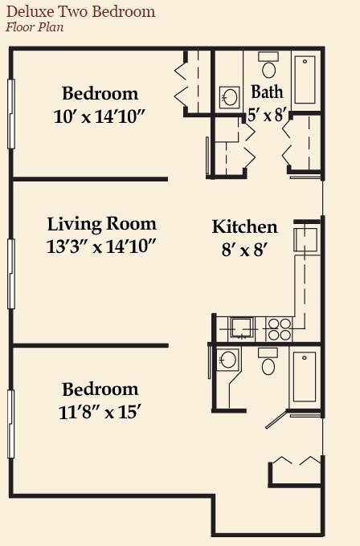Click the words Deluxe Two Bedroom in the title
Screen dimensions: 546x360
(x=81, y=12)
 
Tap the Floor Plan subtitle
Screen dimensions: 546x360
(x=35, y=27)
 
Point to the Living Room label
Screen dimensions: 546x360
(x=101, y=224)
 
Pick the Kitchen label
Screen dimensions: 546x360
(x=244, y=226)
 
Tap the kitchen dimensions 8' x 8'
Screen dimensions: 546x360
(x=244, y=249)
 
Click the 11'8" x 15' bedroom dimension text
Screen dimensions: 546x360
(x=100, y=413)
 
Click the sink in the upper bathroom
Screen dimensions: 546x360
(x=230, y=98)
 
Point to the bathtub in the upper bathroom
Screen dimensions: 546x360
(x=305, y=80)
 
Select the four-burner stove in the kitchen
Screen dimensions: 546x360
(x=279, y=328)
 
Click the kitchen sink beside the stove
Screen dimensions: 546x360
(x=241, y=327)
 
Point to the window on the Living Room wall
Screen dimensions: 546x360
(x=11, y=262)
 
